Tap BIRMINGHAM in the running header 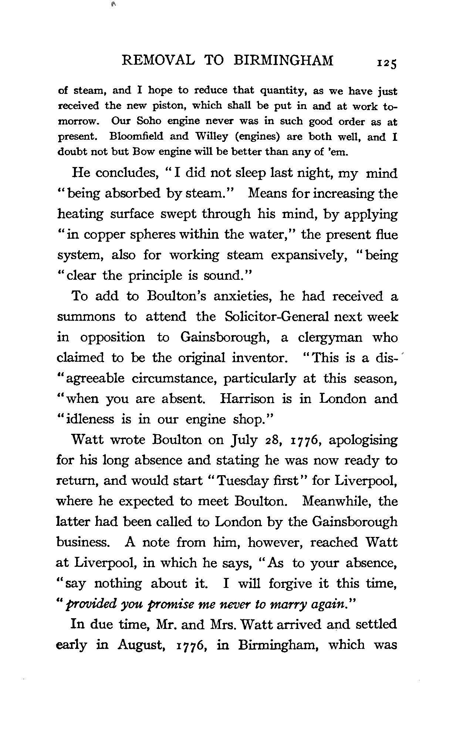pos(284,60)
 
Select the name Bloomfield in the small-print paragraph pos(136,136)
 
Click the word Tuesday pos(240,481)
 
